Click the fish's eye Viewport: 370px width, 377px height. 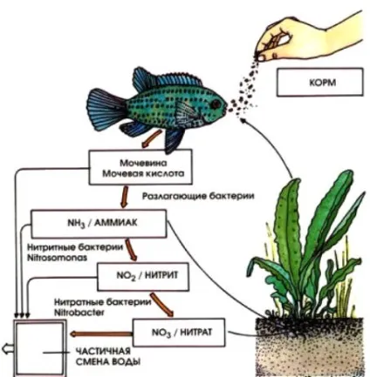(x=216, y=104)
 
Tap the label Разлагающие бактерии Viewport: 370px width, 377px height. (x=198, y=196)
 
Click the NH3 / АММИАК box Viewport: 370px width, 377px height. (x=99, y=224)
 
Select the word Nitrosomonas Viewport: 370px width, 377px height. (x=57, y=258)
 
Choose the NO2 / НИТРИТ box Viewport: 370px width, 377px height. (x=143, y=277)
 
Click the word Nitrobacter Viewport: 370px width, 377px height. (x=79, y=313)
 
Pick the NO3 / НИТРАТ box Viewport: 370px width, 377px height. (x=179, y=333)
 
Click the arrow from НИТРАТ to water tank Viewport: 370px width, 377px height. (x=100, y=333)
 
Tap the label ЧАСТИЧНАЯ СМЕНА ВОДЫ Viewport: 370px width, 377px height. (x=107, y=357)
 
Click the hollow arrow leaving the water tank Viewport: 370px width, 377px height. (x=8, y=348)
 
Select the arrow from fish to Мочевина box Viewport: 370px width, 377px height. (x=152, y=138)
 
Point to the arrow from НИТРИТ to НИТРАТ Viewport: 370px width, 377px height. (x=162, y=305)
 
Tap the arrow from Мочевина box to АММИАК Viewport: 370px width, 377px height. (x=125, y=197)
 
